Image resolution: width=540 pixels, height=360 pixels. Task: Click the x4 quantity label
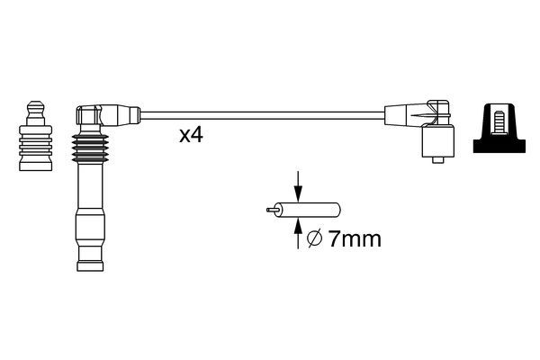click(x=191, y=135)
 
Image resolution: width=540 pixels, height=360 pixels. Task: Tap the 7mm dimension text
click(x=355, y=238)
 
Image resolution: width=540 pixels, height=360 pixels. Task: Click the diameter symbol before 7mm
click(x=315, y=238)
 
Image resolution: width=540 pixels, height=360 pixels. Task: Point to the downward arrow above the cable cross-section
click(x=298, y=186)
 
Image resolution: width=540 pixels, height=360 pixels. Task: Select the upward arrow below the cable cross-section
click(x=298, y=233)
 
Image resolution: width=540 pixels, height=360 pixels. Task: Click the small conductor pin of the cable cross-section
click(x=272, y=210)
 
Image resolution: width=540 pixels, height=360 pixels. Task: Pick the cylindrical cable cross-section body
click(x=308, y=210)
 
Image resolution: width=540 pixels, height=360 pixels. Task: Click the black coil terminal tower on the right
click(x=499, y=128)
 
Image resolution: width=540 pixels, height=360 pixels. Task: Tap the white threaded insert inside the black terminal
click(x=499, y=121)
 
